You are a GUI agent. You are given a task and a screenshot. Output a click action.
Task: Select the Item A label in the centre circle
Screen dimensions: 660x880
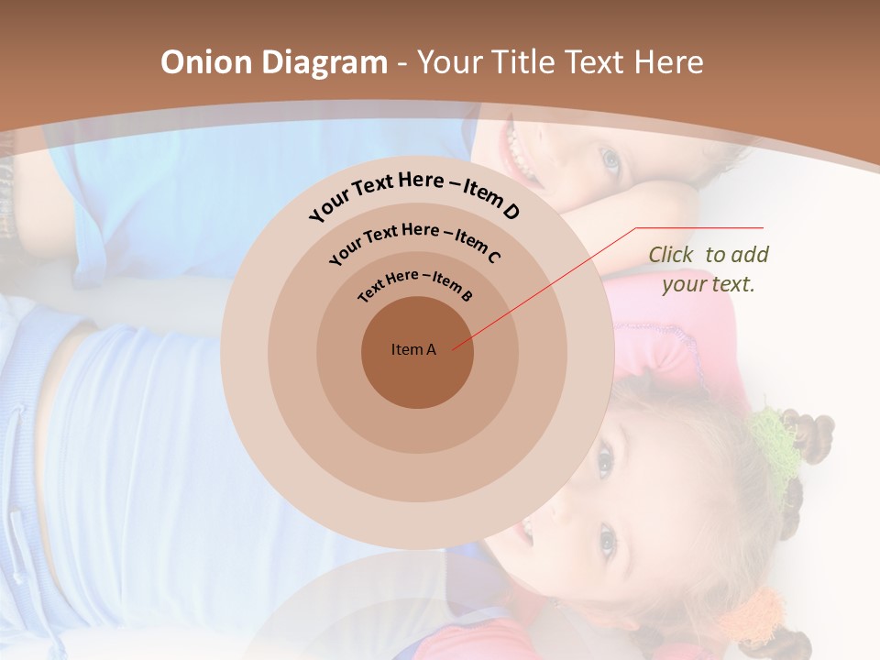pyautogui.click(x=413, y=349)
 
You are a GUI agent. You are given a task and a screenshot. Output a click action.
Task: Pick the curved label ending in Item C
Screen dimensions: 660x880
pyautogui.click(x=414, y=242)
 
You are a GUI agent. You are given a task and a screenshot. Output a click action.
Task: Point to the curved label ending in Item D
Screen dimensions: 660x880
pyautogui.click(x=414, y=195)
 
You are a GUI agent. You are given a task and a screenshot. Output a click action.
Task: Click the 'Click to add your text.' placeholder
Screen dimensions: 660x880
pyautogui.click(x=709, y=269)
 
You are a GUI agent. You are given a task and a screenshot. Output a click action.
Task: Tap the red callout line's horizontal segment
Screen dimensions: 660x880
pyautogui.click(x=699, y=228)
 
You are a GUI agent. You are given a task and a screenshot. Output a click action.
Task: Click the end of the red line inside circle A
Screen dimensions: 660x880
pyautogui.click(x=454, y=347)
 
